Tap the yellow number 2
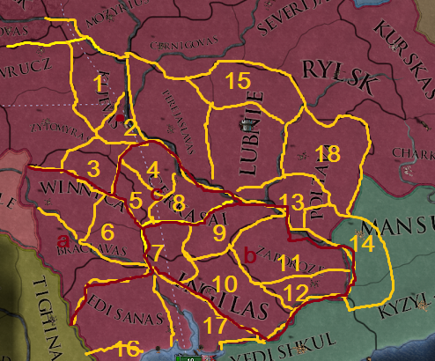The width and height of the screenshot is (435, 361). [129, 129]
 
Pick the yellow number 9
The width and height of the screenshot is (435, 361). [219, 233]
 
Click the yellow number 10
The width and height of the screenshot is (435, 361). [224, 284]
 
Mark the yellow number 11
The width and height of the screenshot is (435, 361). [283, 262]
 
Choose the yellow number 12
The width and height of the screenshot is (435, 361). [298, 290]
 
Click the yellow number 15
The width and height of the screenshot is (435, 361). [237, 81]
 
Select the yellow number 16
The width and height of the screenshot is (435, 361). [128, 349]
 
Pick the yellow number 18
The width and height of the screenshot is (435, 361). [328, 155]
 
